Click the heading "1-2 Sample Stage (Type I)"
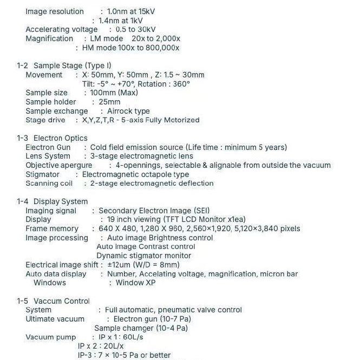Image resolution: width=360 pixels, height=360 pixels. (63, 66)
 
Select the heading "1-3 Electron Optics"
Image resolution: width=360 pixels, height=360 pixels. (52, 138)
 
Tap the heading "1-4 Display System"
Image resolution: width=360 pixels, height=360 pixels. (52, 201)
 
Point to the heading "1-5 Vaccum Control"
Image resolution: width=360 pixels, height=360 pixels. (53, 301)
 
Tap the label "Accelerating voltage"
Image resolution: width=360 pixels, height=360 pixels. (62, 29)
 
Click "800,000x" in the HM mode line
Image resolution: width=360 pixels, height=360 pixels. (160, 48)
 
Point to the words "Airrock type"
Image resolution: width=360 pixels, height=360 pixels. (128, 111)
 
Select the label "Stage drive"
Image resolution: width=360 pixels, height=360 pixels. (45, 120)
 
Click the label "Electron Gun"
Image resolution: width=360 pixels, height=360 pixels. (48, 147)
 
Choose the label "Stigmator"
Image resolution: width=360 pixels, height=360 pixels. (43, 174)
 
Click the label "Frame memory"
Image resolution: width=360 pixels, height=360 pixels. (52, 228)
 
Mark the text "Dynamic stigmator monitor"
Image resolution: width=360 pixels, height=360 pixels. (143, 256)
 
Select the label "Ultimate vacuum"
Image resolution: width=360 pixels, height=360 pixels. (55, 319)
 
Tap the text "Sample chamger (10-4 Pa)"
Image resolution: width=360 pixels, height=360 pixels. (141, 328)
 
